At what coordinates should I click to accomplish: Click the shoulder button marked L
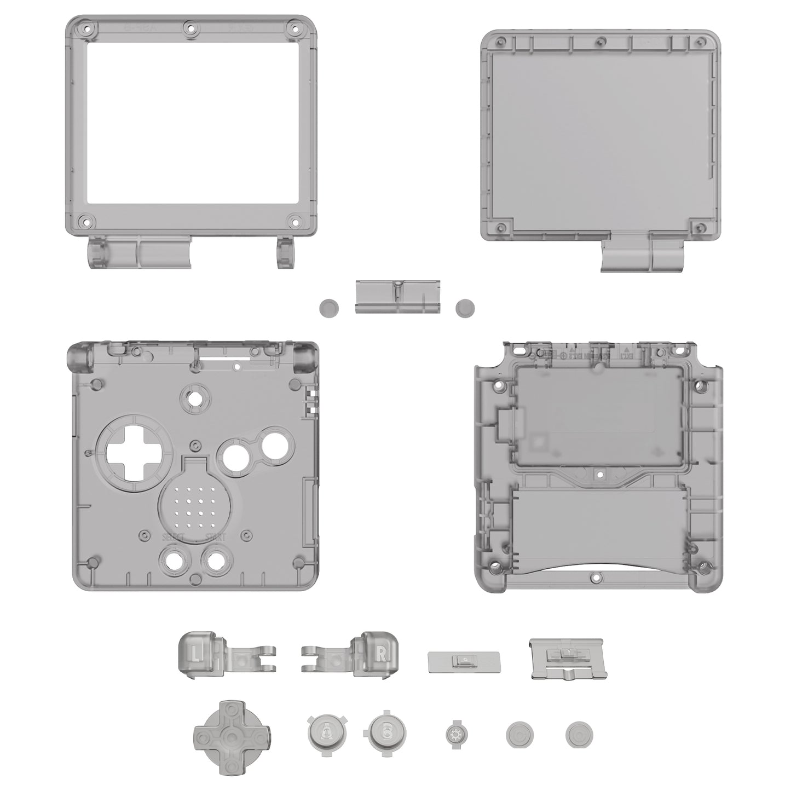click(x=197, y=653)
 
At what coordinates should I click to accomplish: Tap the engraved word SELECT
click(x=173, y=536)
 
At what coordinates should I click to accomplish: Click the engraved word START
click(x=215, y=536)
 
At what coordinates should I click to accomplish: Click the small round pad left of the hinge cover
click(x=329, y=308)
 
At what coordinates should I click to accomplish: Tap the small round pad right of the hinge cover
click(x=465, y=308)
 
